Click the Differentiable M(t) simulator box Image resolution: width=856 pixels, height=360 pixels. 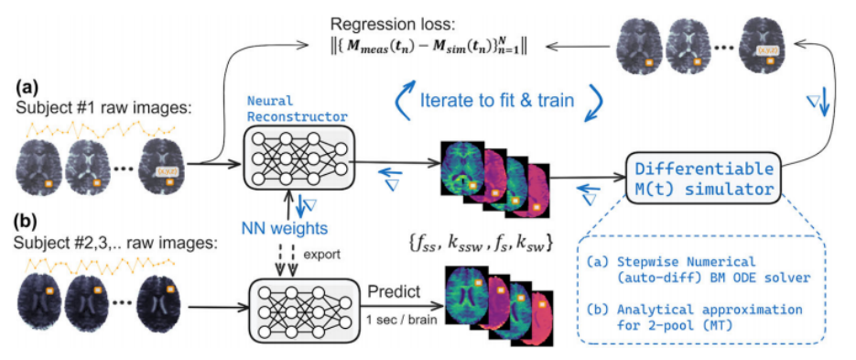coord(703,177)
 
